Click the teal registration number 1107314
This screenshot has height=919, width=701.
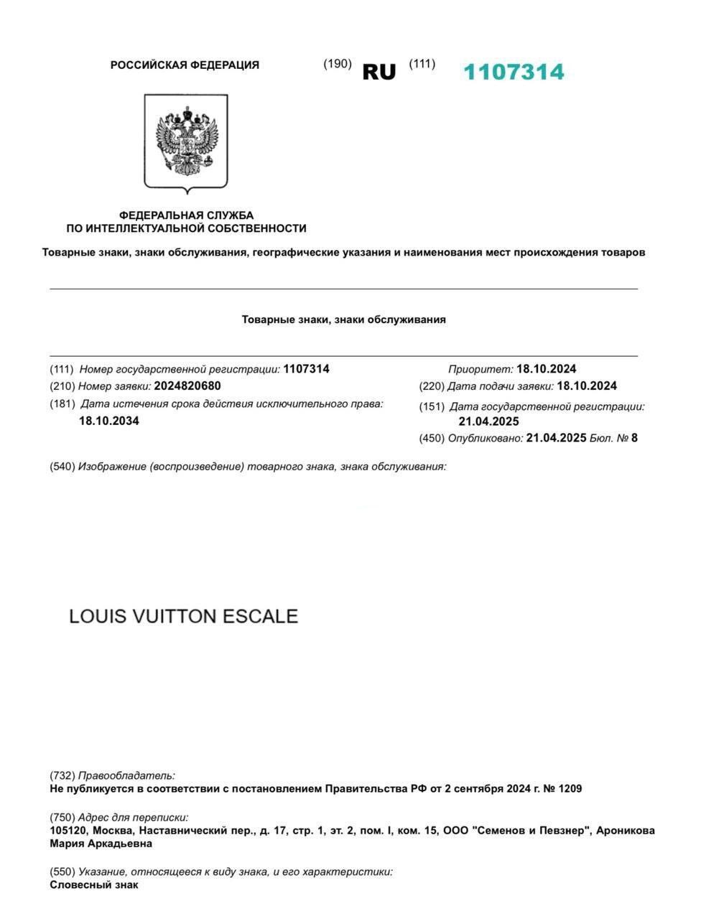[514, 72]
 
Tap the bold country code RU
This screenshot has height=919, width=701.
[379, 72]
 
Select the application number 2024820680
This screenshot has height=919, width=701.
[187, 386]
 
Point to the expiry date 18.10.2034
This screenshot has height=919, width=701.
[109, 421]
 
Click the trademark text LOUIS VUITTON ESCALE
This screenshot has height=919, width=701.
[183, 617]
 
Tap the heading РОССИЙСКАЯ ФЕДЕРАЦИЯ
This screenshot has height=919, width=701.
[185, 65]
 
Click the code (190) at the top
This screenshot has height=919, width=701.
[337, 63]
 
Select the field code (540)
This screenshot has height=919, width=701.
[62, 467]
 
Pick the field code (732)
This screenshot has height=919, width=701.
[62, 775]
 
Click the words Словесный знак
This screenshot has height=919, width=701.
[94, 885]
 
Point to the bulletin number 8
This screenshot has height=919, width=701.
[634, 438]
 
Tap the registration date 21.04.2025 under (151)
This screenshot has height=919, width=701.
[488, 421]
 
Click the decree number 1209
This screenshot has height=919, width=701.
[569, 788]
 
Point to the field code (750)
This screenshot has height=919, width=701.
[62, 817]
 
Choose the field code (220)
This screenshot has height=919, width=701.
[432, 386]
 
